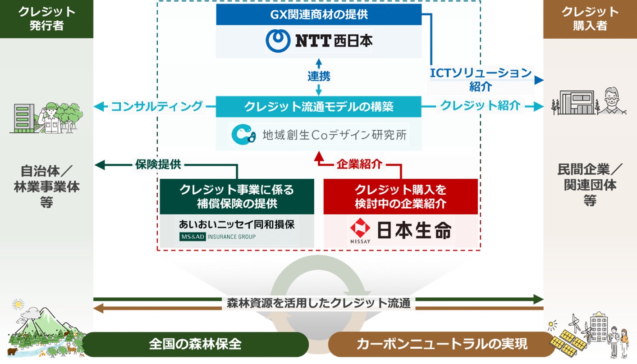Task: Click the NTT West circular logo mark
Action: [x=278, y=41]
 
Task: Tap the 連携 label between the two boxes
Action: [x=319, y=76]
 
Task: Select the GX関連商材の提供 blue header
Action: [x=319, y=14]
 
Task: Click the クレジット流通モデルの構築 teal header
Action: [x=319, y=106]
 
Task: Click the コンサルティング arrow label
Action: [x=156, y=106]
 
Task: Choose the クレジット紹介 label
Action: [x=480, y=106]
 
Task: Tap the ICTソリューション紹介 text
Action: [x=481, y=79]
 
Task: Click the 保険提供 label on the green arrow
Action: [x=158, y=164]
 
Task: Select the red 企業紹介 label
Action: [x=359, y=164]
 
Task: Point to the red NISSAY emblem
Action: [x=360, y=229]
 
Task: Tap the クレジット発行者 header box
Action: [x=46, y=19]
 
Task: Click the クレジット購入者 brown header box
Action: [x=590, y=19]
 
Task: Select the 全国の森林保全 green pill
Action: [x=195, y=345]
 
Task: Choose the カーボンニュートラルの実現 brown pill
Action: [x=441, y=345]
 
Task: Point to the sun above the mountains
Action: [x=18, y=305]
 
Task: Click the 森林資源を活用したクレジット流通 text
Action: [x=319, y=303]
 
